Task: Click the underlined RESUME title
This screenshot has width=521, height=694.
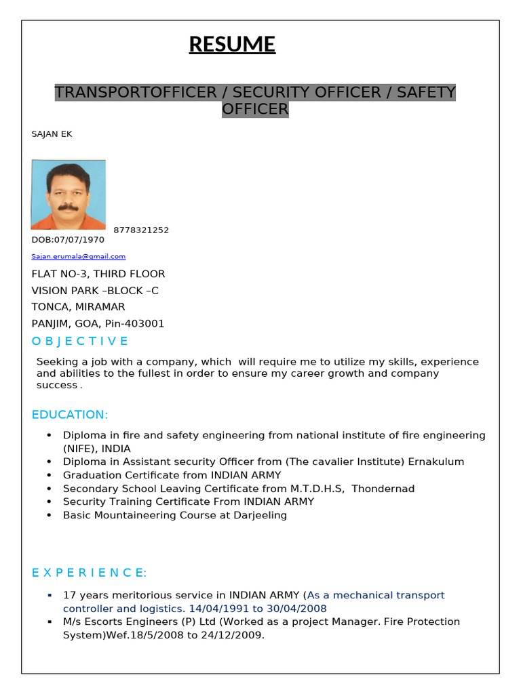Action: click(x=232, y=45)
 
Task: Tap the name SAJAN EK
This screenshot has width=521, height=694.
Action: click(x=52, y=134)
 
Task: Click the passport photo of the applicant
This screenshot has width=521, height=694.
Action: click(x=68, y=195)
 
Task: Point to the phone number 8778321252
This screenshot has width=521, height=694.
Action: click(x=141, y=230)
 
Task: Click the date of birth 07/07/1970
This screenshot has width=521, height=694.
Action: click(x=81, y=240)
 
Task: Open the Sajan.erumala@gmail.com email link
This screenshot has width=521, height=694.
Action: click(x=79, y=257)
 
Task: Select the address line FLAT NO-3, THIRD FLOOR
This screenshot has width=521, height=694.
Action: click(x=98, y=274)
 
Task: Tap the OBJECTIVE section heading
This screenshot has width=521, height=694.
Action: click(x=80, y=341)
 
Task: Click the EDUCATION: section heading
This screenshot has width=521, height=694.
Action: click(x=70, y=415)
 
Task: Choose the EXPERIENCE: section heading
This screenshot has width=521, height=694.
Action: click(x=89, y=573)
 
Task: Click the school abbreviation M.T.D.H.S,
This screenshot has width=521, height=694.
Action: click(x=317, y=489)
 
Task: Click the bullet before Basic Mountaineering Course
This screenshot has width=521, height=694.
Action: click(x=50, y=516)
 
